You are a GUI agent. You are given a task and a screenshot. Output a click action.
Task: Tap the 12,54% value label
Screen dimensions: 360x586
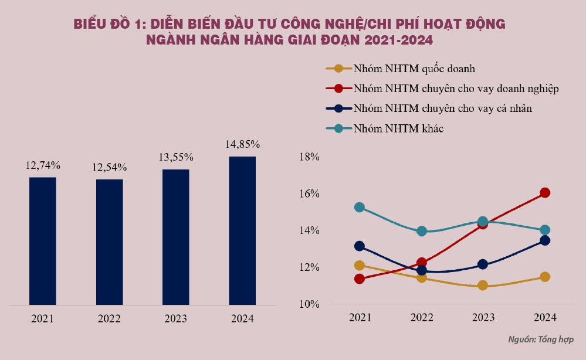click(x=109, y=168)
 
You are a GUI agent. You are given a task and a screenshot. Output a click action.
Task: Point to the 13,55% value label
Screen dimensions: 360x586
click(x=176, y=158)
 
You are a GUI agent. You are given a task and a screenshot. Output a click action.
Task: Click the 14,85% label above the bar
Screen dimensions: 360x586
click(x=242, y=144)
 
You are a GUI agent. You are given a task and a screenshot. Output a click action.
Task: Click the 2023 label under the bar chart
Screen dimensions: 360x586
click(x=175, y=319)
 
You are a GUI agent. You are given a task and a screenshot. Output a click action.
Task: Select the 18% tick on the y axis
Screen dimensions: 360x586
click(x=309, y=157)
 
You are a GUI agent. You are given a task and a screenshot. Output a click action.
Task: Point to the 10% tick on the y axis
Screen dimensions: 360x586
click(x=309, y=304)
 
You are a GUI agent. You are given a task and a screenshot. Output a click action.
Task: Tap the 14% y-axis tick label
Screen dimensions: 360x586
click(x=309, y=230)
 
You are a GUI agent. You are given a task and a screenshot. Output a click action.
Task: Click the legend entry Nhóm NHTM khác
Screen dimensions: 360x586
click(x=398, y=128)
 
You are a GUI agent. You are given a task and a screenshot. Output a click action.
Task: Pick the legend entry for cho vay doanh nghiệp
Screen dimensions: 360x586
click(x=455, y=89)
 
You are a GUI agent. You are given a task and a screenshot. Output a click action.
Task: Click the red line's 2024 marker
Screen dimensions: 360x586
click(x=544, y=193)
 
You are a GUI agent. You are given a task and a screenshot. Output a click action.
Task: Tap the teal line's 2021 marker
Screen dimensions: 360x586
click(x=360, y=207)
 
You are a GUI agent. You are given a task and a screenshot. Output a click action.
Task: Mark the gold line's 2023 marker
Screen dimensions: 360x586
click(x=483, y=286)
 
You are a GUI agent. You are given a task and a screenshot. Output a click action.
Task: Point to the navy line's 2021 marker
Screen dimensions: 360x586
click(x=360, y=246)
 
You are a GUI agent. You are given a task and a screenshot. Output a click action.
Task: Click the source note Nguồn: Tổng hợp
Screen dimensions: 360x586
click(x=540, y=339)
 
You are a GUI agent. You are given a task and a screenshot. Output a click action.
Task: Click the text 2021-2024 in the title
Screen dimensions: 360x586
click(x=399, y=40)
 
